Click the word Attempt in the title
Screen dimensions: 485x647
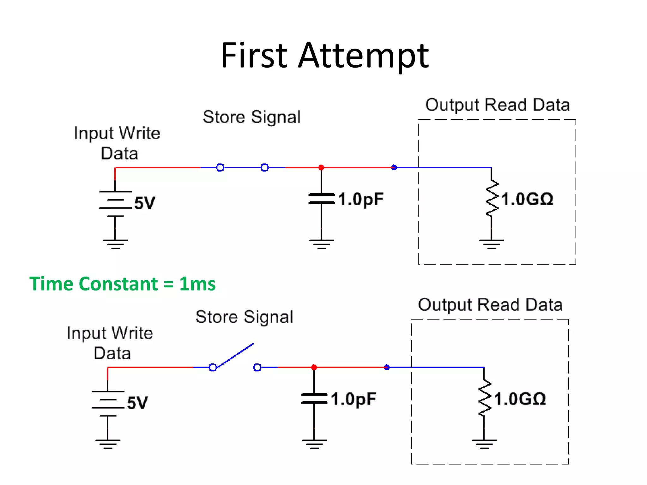363,56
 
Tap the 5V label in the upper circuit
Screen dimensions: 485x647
145,203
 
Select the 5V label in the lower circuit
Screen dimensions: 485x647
137,403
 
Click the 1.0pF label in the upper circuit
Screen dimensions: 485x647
361,200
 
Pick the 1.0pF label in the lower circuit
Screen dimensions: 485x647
354,399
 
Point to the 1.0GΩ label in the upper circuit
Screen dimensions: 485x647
527,200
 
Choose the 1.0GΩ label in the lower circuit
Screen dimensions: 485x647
520,399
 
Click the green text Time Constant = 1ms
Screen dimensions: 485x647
122,284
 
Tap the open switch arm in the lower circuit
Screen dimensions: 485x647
235,356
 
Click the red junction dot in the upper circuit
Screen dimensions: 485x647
321,167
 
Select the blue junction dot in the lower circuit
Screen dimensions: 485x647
387,367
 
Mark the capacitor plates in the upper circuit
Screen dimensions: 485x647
321,199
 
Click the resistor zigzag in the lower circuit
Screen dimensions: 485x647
484,398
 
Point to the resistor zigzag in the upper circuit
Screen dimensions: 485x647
492,198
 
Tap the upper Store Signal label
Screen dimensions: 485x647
251,117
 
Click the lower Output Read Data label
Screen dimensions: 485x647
490,305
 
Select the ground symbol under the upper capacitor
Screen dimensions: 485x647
322,244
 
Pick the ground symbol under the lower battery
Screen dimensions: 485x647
108,444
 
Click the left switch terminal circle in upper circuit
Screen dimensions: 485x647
220,167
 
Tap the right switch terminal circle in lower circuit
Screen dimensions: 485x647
257,367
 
